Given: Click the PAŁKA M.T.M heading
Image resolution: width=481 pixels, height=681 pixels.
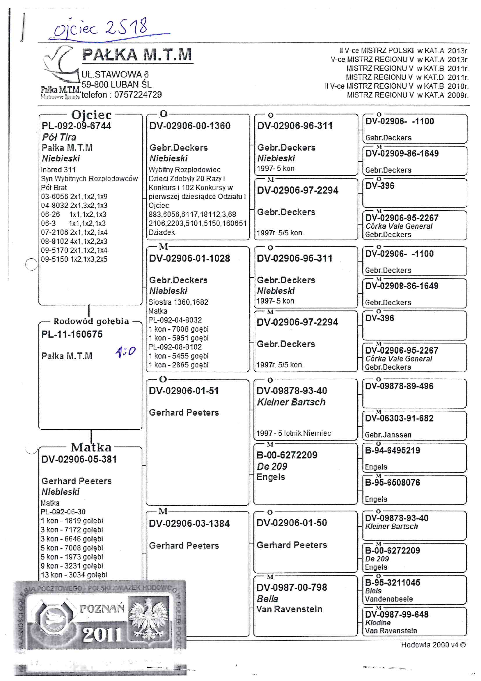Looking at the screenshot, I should pyautogui.click(x=137, y=55).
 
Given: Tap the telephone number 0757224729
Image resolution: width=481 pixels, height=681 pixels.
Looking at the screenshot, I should pyautogui.click(x=138, y=95).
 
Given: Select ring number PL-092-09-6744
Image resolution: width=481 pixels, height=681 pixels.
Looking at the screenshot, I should pyautogui.click(x=76, y=126).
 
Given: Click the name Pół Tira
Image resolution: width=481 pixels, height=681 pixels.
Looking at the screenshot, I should pyautogui.click(x=59, y=137).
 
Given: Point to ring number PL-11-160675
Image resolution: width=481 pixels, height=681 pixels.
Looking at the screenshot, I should pyautogui.click(x=72, y=334).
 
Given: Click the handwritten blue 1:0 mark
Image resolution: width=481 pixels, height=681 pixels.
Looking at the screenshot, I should pyautogui.click(x=125, y=352).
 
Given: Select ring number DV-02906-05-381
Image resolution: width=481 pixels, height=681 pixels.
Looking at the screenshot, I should pyautogui.click(x=79, y=459).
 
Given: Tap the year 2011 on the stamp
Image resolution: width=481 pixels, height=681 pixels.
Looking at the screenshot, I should pyautogui.click(x=102, y=635).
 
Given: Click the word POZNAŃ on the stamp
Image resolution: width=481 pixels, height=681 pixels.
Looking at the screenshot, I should pyautogui.click(x=102, y=609).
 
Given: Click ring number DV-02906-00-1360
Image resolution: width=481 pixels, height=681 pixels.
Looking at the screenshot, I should pyautogui.click(x=190, y=126).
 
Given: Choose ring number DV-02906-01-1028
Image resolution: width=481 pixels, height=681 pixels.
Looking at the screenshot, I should pyautogui.click(x=189, y=258).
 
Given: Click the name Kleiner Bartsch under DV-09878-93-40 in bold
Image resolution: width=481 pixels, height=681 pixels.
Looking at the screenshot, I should pyautogui.click(x=291, y=402).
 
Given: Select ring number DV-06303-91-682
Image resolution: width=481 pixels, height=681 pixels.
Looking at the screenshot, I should pyautogui.click(x=399, y=418).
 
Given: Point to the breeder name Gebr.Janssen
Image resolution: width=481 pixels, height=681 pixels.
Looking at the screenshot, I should pyautogui.click(x=388, y=435).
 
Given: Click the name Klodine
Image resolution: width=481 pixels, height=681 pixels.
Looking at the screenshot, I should pyautogui.click(x=378, y=622).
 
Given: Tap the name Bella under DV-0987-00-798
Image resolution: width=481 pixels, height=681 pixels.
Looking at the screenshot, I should pyautogui.click(x=267, y=599).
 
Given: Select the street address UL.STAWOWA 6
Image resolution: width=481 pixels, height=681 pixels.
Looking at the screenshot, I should pyautogui.click(x=115, y=75).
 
